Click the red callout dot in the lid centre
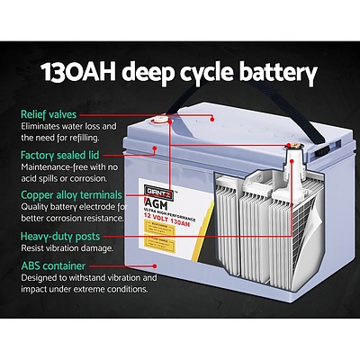pos(212,117)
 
